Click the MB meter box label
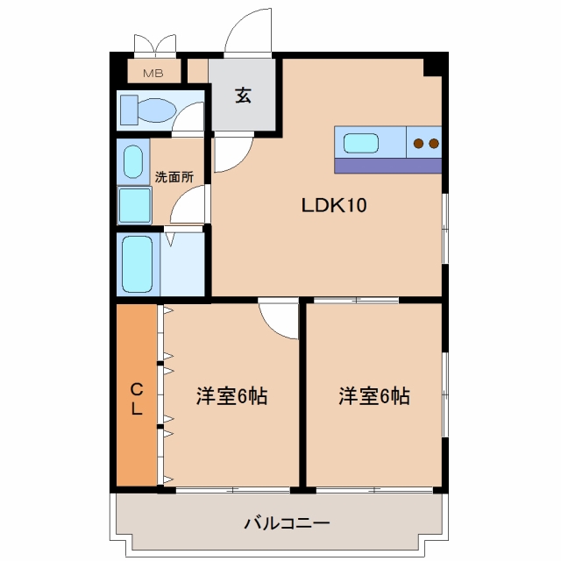153,74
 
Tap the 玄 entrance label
244,96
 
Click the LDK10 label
334,205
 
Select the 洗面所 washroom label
174,177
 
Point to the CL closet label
137,399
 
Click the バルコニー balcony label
287,524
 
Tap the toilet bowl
157,110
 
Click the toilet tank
129,110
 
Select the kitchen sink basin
361,143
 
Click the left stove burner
419,144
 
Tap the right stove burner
434,144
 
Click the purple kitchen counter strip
387,166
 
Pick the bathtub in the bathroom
138,265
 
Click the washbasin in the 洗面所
133,161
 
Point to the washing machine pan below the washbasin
134,205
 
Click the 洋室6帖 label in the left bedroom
231,395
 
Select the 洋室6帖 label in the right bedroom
374,395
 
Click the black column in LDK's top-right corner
432,67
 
